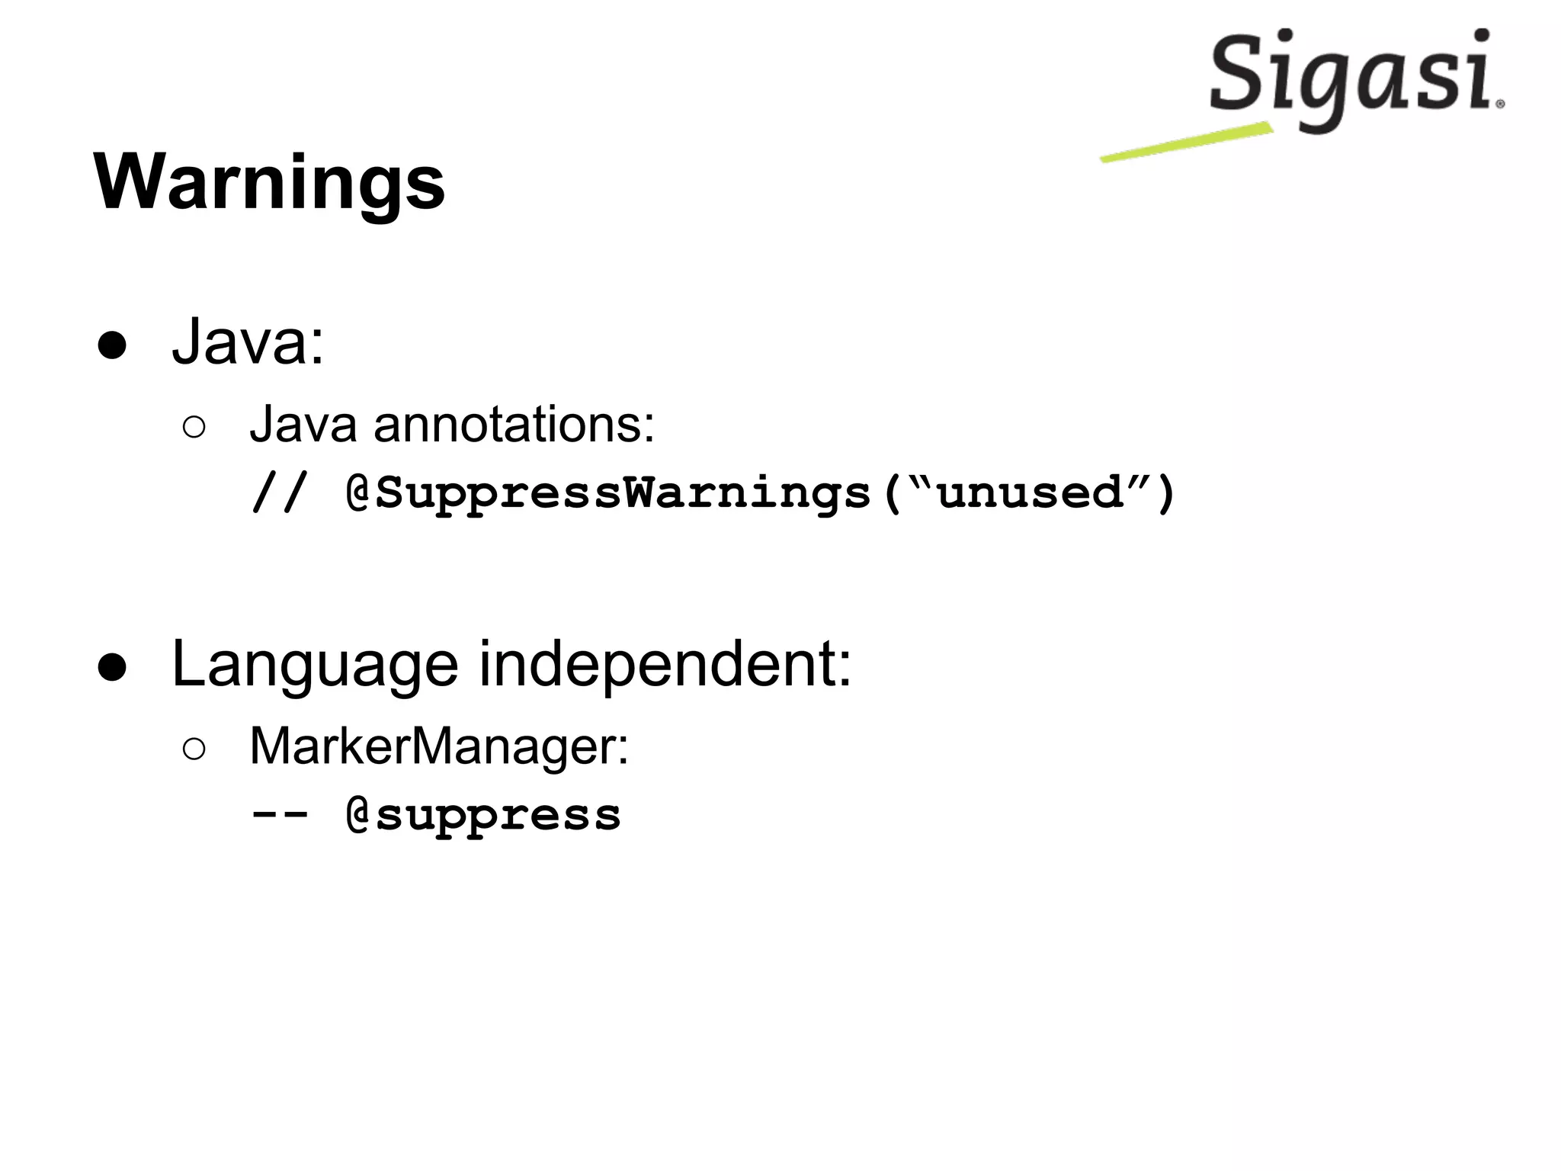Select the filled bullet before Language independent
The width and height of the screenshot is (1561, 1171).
coord(112,666)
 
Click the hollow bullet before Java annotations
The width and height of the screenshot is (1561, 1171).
coord(194,428)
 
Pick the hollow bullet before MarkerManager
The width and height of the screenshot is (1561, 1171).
coord(194,749)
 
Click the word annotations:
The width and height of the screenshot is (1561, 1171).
coord(514,424)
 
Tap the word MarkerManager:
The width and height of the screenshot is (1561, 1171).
coord(439,746)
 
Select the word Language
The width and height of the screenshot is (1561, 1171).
coord(315,665)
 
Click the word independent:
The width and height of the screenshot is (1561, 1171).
coord(665,665)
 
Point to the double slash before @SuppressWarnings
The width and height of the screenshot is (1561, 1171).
coord(279,492)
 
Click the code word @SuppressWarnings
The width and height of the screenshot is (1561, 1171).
coord(608,494)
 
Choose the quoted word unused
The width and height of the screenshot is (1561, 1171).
coord(1030,494)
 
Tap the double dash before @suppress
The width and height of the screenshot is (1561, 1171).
coord(279,814)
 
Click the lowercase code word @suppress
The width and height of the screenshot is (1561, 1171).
coord(483,816)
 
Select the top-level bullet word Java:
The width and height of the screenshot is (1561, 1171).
coord(248,342)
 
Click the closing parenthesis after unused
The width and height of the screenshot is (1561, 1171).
coord(1165,494)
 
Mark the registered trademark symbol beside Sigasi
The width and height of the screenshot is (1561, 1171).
coord(1500,104)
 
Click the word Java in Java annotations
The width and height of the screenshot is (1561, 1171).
coord(303,424)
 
